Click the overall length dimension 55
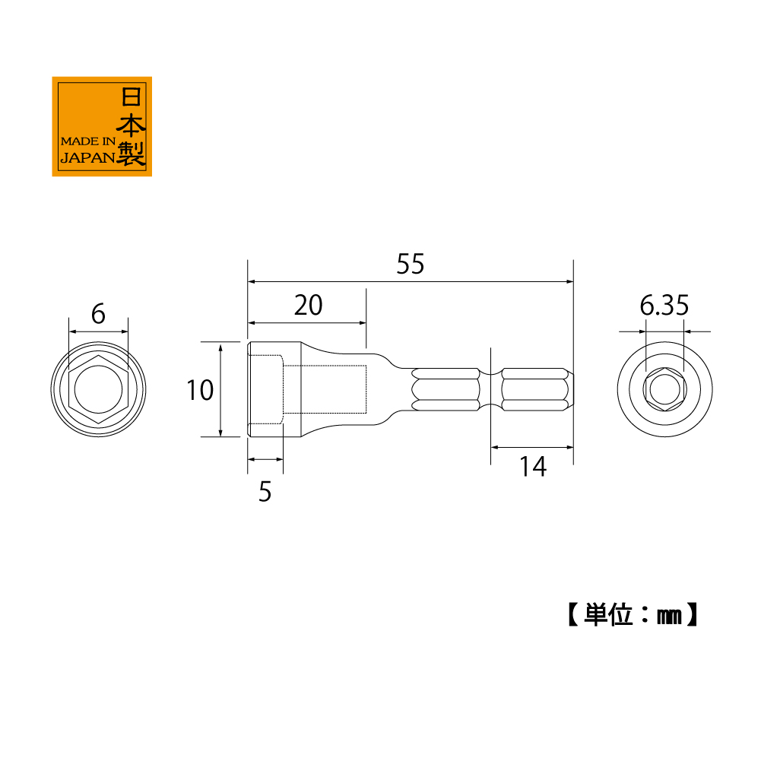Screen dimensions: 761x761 [x=410, y=264]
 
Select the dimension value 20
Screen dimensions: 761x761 [x=308, y=306]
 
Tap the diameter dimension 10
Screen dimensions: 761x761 [x=200, y=390]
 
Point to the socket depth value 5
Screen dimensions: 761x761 [x=265, y=492]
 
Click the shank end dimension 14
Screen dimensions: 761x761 [x=533, y=467]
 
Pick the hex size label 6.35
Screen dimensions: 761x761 [x=664, y=306]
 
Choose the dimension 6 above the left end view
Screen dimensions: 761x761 [x=98, y=314]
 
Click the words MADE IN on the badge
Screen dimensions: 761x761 [x=88, y=141]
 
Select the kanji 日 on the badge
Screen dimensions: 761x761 [x=131, y=97]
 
